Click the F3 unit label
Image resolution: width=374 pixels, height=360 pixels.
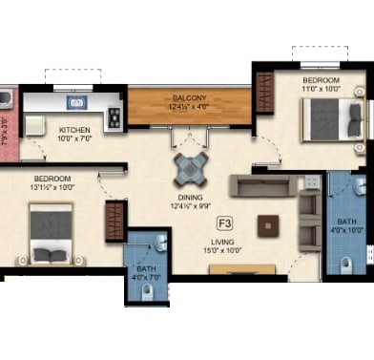point(225,223)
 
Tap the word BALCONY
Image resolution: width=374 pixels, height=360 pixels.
point(190,98)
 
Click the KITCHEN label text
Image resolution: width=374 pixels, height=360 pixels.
point(75,130)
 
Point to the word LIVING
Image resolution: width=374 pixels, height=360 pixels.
point(225,243)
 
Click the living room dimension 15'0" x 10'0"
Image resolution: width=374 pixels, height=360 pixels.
point(225,252)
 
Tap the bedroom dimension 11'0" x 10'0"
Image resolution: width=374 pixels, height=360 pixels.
point(322,89)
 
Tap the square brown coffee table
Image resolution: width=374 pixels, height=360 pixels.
point(270,225)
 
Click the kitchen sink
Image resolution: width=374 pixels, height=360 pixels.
point(75,101)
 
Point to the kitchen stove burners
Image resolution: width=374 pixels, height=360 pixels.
point(114,117)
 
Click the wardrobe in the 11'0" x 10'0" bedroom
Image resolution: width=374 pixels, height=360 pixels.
point(263,93)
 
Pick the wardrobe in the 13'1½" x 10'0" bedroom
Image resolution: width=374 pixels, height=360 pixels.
point(114,221)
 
